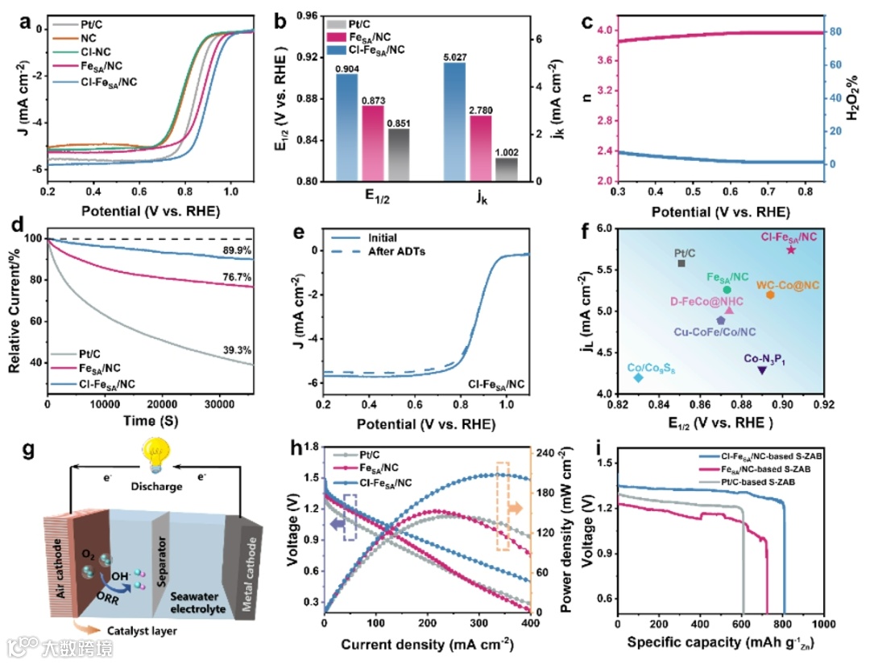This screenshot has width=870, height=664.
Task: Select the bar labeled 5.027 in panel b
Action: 454,121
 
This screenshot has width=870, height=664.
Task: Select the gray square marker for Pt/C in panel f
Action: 681,263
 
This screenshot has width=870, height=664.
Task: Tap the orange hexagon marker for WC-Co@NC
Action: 770,295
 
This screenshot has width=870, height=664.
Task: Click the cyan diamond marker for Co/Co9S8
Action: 639,377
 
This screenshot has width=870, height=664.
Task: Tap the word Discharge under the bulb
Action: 156,485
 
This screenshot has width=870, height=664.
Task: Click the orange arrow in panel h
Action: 514,508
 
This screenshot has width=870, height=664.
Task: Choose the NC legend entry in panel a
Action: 87,38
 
